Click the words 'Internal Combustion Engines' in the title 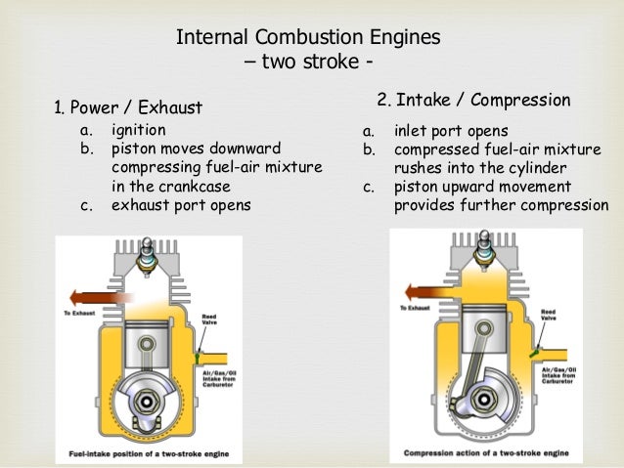pos(308,39)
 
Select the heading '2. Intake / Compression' pos(473,100)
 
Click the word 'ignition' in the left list pos(138,129)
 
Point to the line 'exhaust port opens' pos(181,205)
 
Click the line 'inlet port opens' pos(451,130)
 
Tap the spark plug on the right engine pos(486,246)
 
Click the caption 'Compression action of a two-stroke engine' pos(486,454)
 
